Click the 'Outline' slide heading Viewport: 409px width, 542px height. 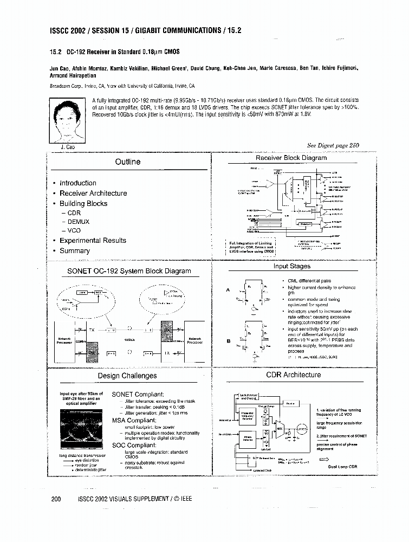click(x=128, y=162)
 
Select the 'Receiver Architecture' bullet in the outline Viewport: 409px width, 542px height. click(x=93, y=193)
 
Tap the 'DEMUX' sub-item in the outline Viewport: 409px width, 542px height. click(x=79, y=222)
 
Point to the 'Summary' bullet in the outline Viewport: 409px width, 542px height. click(x=75, y=251)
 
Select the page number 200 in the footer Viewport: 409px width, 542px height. click(x=56, y=499)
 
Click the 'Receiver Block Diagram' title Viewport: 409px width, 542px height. click(x=291, y=158)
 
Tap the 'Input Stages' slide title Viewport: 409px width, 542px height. click(x=292, y=266)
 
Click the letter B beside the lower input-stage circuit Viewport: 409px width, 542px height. click(x=229, y=341)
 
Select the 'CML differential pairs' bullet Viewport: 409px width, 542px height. click(x=309, y=281)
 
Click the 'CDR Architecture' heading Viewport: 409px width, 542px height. click(x=293, y=375)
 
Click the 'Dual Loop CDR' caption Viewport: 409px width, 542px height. click(x=343, y=466)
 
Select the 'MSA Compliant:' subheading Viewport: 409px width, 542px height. click(x=134, y=421)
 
